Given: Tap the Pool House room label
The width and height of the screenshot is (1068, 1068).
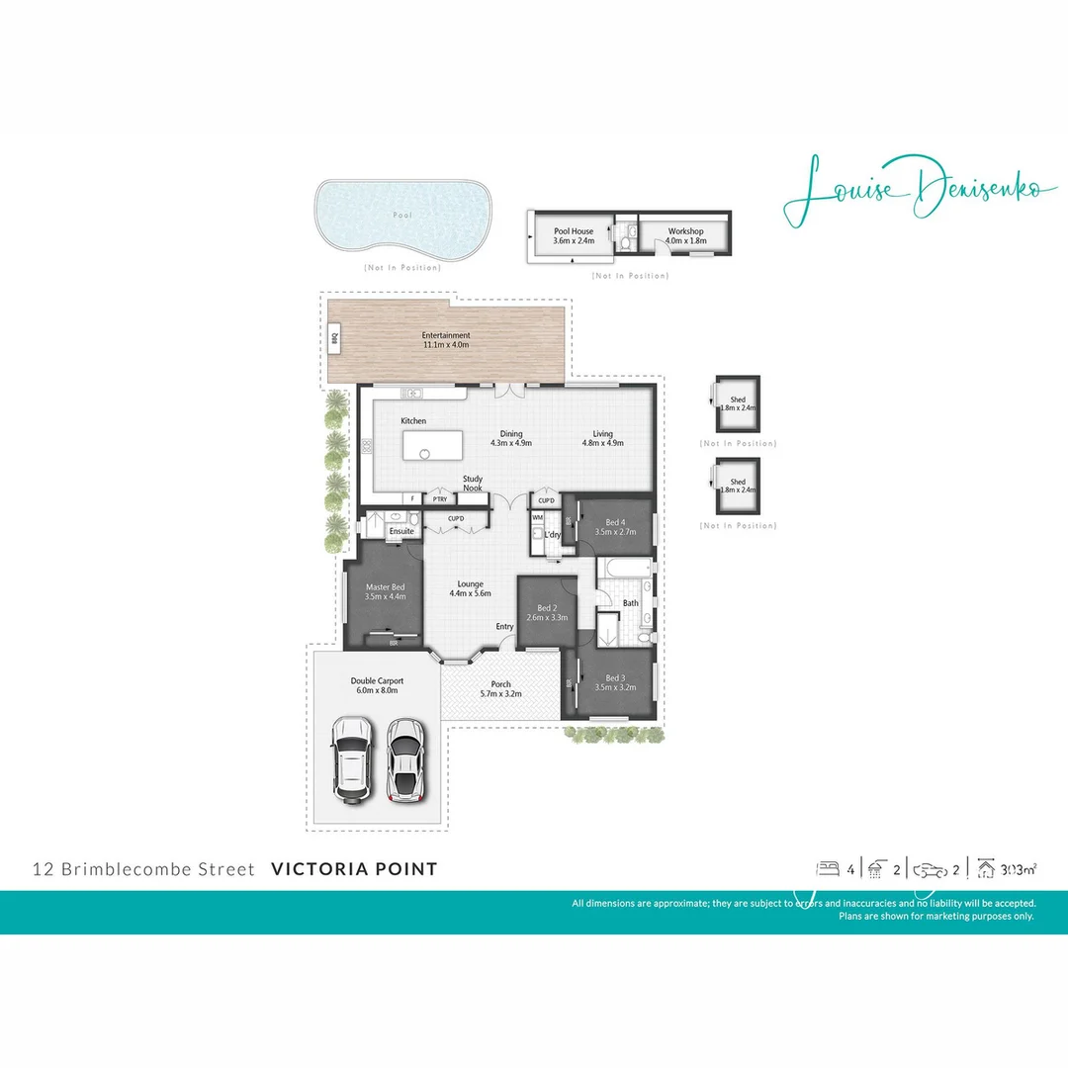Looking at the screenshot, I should (574, 231).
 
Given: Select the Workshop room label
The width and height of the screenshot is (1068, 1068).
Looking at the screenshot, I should (684, 231).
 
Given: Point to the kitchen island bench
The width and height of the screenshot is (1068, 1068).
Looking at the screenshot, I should (433, 445).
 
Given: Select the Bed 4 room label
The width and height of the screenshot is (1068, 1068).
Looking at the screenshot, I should (615, 522).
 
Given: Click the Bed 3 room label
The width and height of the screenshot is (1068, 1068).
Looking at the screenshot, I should (615, 678).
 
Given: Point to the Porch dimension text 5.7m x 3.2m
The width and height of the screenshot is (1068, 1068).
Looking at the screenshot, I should (500, 694).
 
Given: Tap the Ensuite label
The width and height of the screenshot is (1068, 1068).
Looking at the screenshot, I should (401, 531).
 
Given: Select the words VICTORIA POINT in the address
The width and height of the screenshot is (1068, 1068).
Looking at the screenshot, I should (353, 870).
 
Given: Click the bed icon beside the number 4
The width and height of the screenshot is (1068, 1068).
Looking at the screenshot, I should (826, 869).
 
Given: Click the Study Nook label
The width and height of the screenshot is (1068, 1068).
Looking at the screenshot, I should (473, 484).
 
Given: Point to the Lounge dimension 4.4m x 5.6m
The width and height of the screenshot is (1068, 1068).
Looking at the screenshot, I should (470, 593).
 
